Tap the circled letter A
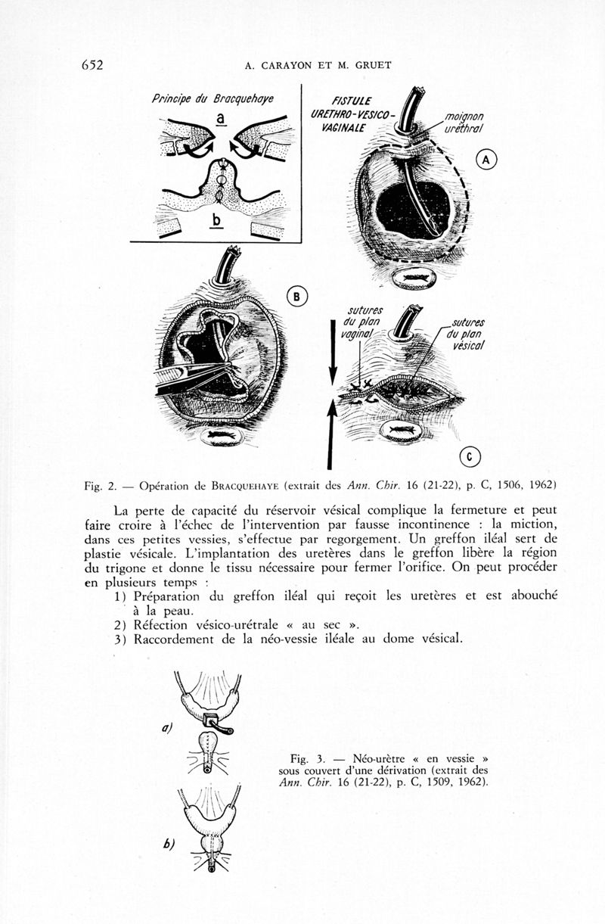(486, 160)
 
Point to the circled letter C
(470, 456)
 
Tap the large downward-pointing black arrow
(331, 352)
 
